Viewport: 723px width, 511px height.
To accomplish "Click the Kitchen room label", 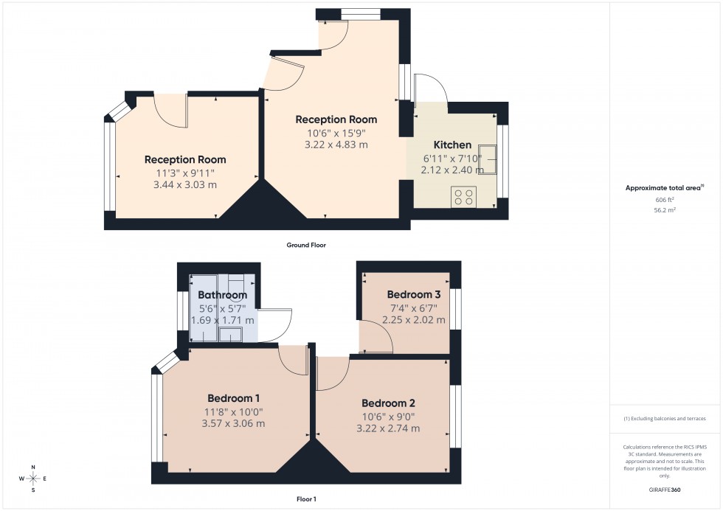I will (452, 145).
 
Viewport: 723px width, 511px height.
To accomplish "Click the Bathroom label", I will (222, 295).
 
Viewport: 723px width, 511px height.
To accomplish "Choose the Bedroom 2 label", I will (388, 403).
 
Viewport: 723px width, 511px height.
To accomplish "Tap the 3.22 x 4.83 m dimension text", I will (336, 145).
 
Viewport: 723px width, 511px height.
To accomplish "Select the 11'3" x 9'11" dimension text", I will (185, 173).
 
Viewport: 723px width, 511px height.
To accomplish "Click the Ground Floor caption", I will (305, 245).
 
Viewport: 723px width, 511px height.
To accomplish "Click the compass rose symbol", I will (33, 479).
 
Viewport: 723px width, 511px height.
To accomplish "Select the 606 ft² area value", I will (665, 200).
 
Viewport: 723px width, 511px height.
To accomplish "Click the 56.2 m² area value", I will (665, 209).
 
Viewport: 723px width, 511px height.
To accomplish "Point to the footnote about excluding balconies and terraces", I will (665, 418).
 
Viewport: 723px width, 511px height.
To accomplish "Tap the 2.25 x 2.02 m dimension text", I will (414, 320).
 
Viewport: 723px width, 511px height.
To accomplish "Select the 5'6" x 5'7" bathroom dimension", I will (222, 308).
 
